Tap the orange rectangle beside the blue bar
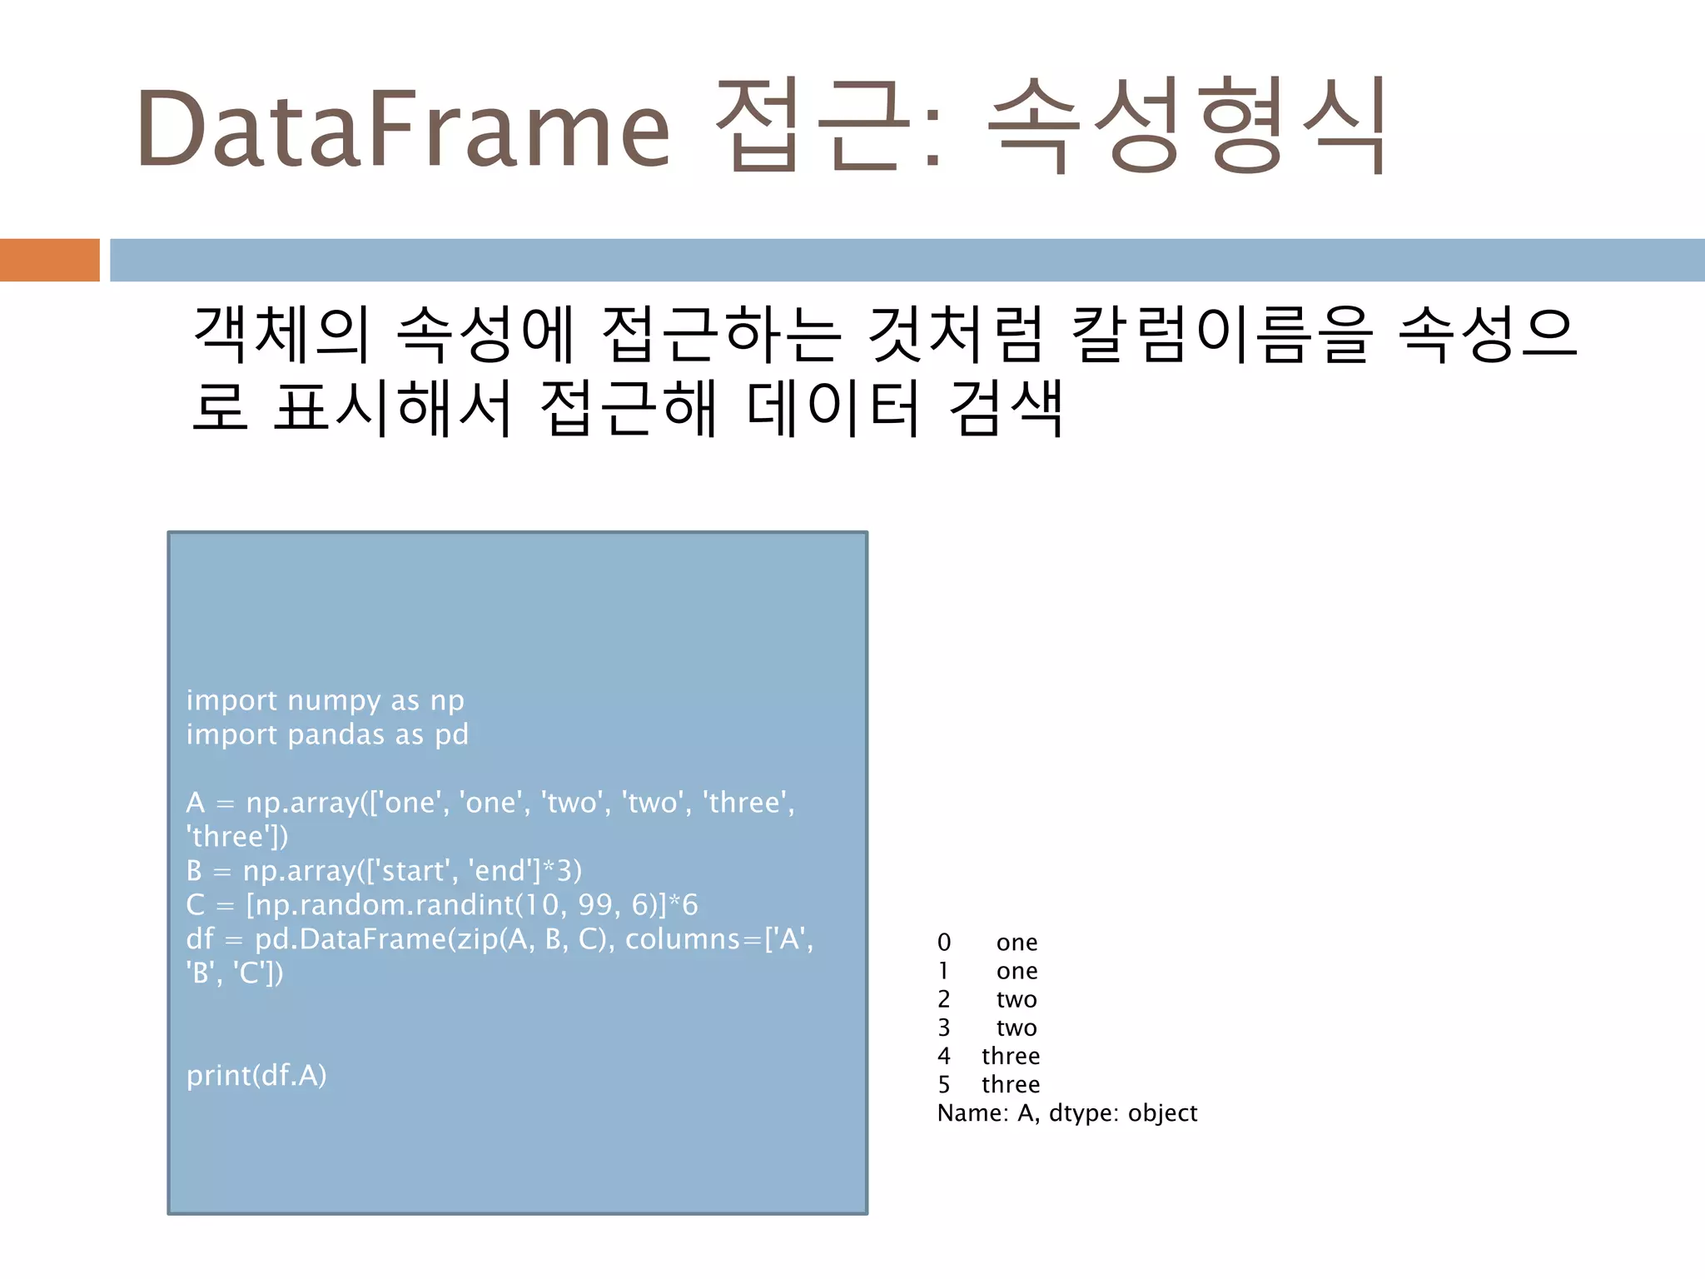pyautogui.click(x=49, y=260)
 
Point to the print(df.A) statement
pyautogui.click(x=256, y=1076)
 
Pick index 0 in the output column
pyautogui.click(x=944, y=943)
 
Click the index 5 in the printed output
pyautogui.click(x=944, y=1084)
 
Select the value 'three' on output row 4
pyautogui.click(x=1011, y=1056)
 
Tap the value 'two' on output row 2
pyautogui.click(x=1017, y=999)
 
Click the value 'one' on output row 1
pyautogui.click(x=1017, y=971)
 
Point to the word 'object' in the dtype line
pyautogui.click(x=1162, y=1113)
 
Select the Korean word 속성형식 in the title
pyautogui.click(x=1186, y=127)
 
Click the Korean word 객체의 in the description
pyautogui.click(x=281, y=335)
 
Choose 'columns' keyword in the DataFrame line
pyautogui.click(x=682, y=939)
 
